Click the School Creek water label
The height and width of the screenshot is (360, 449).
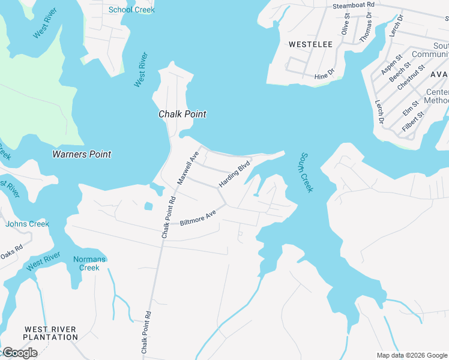pyautogui.click(x=131, y=10)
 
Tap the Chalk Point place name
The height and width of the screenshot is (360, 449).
pyautogui.click(x=182, y=114)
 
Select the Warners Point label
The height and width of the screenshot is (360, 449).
pyautogui.click(x=82, y=154)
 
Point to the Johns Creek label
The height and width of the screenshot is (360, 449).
pyautogui.click(x=27, y=224)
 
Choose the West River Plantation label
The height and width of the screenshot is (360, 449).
pyautogui.click(x=50, y=333)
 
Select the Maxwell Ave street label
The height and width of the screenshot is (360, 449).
pyautogui.click(x=187, y=167)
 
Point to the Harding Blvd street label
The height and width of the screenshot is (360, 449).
pyautogui.click(x=234, y=174)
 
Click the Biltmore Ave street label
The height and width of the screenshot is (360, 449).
pyautogui.click(x=197, y=218)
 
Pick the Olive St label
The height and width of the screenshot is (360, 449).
pyautogui.click(x=346, y=25)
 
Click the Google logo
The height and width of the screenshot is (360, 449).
pyautogui.click(x=20, y=353)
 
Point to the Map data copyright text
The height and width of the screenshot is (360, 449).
pyautogui.click(x=412, y=355)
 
